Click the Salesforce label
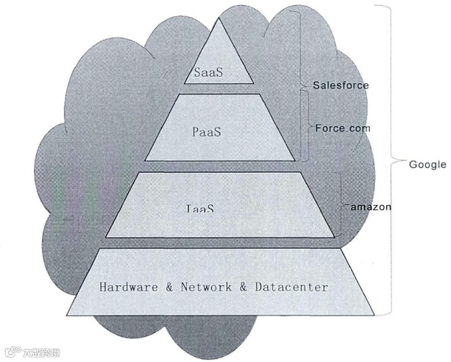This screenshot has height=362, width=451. tap(340, 86)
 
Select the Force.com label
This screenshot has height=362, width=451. tap(342, 128)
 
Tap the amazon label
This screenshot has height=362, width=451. tap(371, 207)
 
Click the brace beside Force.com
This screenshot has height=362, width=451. tap(306, 128)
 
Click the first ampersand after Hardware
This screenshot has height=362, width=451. tap(168, 287)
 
